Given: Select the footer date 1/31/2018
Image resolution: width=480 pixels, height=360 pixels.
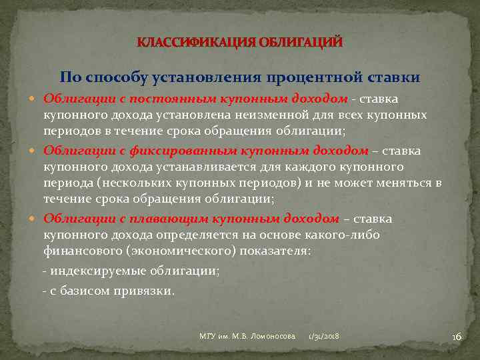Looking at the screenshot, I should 323,337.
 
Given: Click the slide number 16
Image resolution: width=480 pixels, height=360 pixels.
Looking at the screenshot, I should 456,337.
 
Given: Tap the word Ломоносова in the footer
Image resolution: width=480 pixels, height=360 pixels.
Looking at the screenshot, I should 271,337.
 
